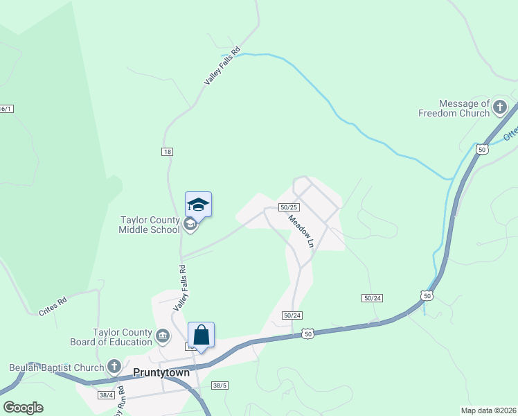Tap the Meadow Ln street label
301,231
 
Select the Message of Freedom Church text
454,108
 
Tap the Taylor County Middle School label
149,225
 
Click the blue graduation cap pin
198,205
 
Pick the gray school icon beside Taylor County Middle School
189,223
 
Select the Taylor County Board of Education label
111,337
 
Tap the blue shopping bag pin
201,336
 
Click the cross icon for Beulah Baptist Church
115,367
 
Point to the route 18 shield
167,152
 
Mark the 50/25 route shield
289,207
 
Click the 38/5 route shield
220,385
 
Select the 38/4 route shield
106,395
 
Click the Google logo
23,408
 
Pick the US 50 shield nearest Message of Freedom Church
481,148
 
